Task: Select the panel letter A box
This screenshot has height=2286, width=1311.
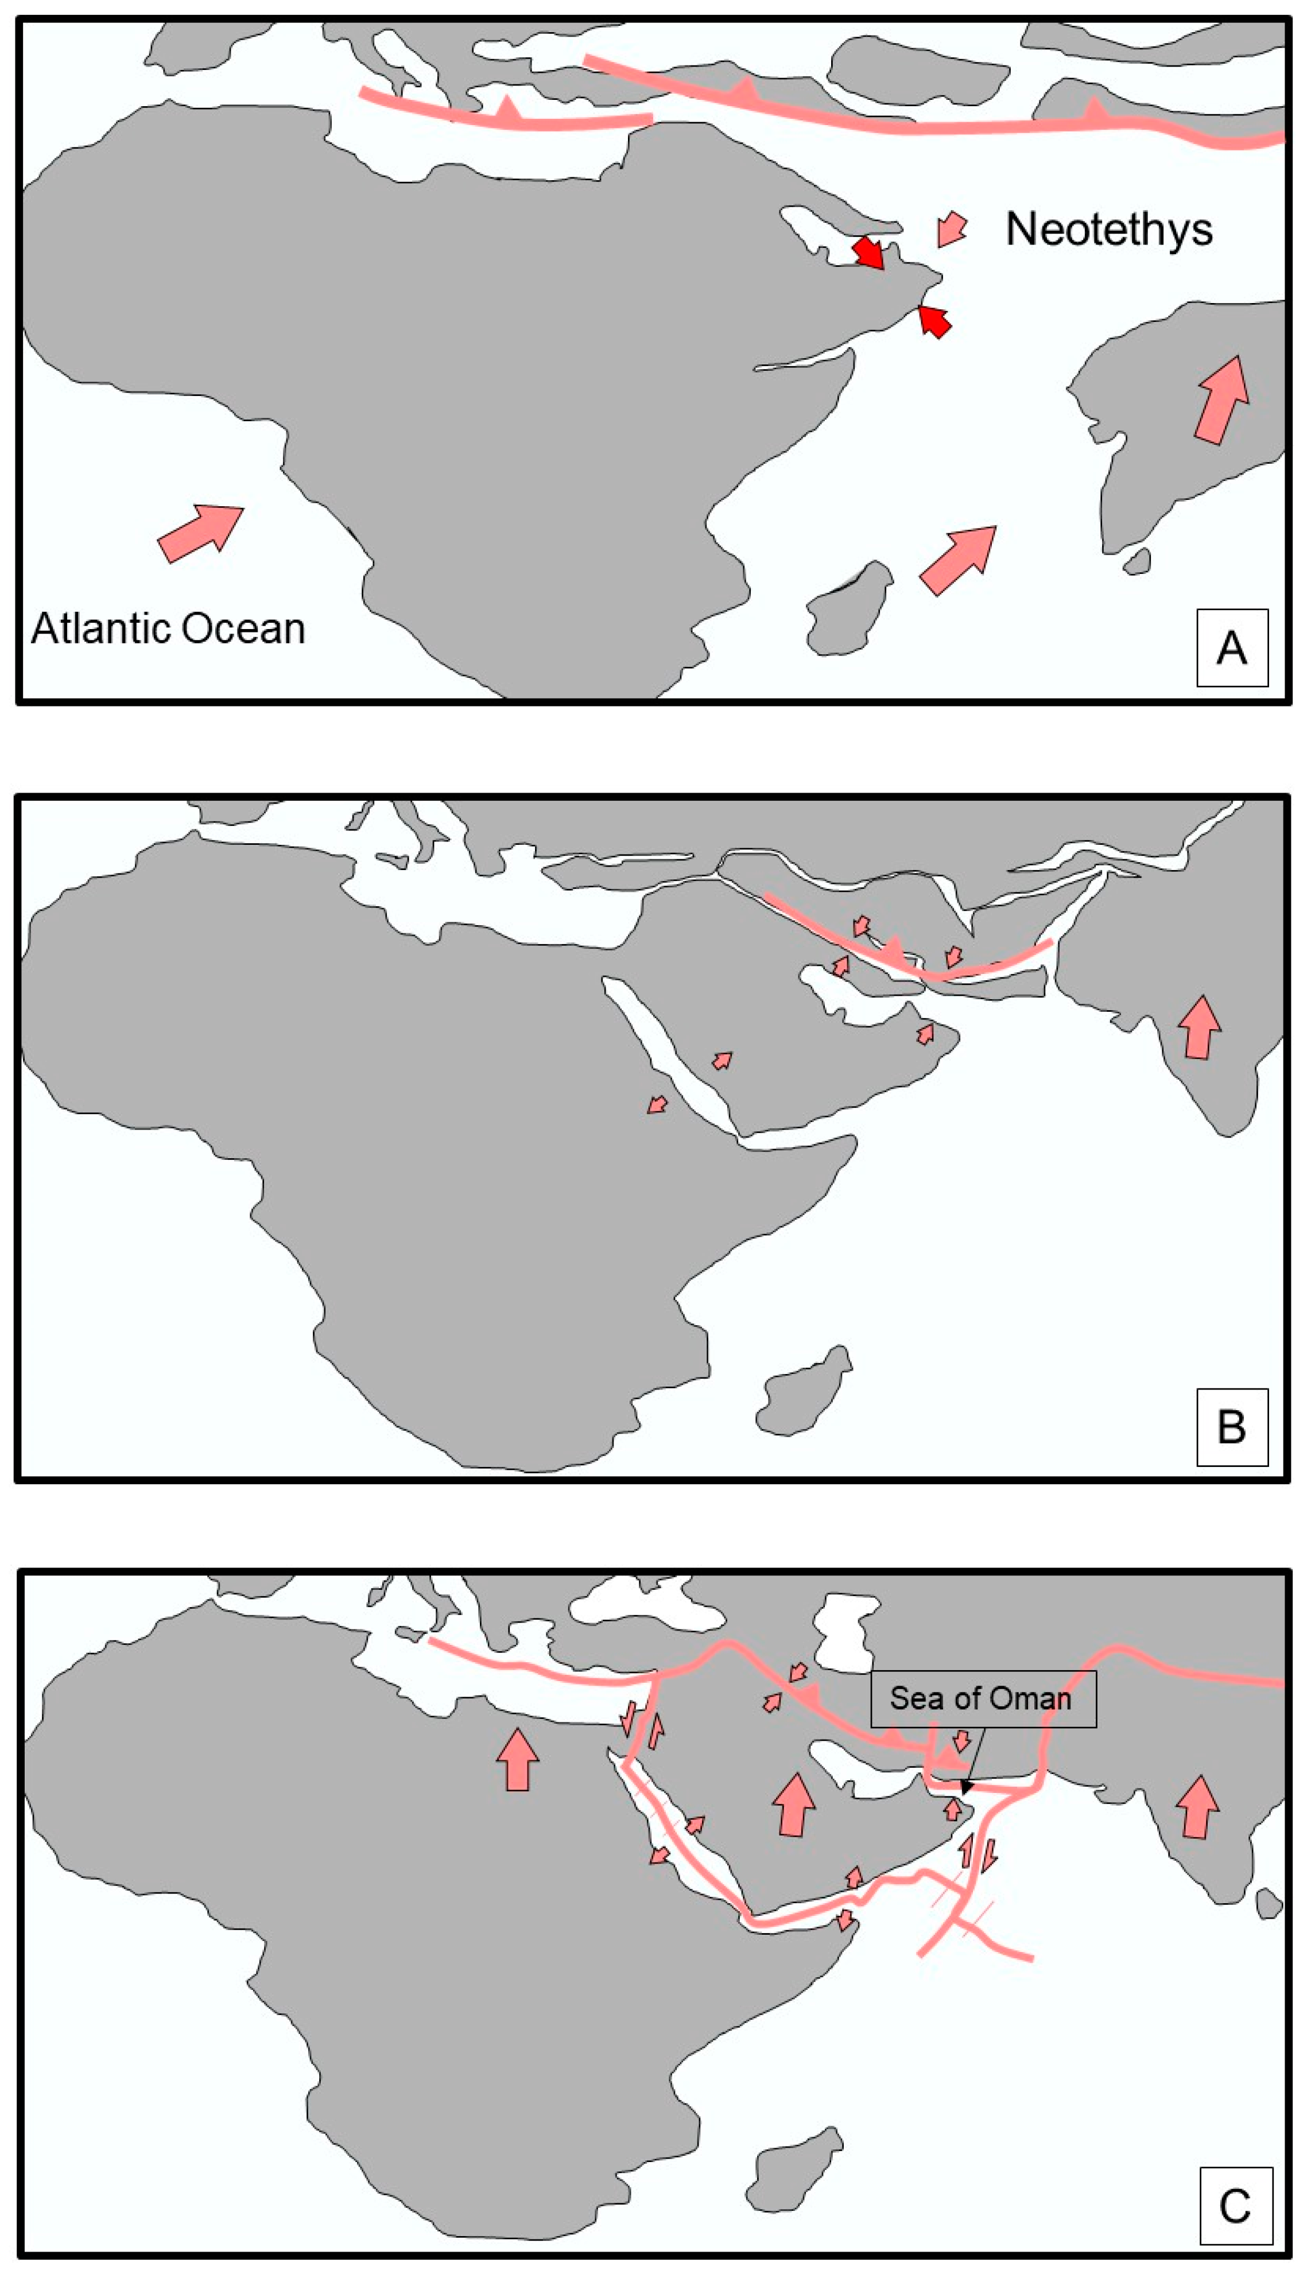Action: point(1232,647)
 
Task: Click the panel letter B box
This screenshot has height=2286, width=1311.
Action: point(1232,1427)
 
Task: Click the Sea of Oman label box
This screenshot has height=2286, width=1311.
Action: point(982,1699)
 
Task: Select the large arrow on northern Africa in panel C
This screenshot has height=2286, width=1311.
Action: point(517,1757)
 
